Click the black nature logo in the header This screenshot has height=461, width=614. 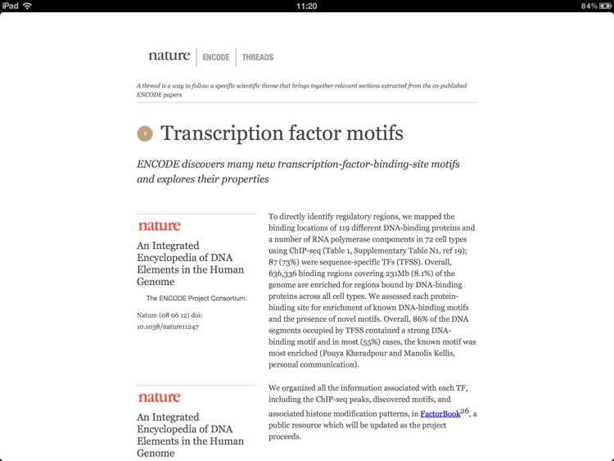pyautogui.click(x=169, y=56)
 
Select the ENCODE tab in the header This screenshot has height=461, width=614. pyautogui.click(x=216, y=57)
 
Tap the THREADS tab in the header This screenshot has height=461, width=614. pyautogui.click(x=258, y=57)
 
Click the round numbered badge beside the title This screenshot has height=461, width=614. pyautogui.click(x=145, y=133)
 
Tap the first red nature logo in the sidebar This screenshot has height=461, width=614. pyautogui.click(x=159, y=226)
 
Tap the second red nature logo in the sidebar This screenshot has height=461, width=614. pyautogui.click(x=159, y=398)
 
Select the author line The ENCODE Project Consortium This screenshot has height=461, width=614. pyautogui.click(x=196, y=299)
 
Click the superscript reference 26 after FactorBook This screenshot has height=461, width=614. pyautogui.click(x=464, y=410)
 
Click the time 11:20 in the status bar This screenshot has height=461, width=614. pyautogui.click(x=306, y=6)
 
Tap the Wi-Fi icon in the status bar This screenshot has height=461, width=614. pyautogui.click(x=27, y=6)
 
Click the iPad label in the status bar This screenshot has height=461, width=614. pyautogui.click(x=11, y=6)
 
